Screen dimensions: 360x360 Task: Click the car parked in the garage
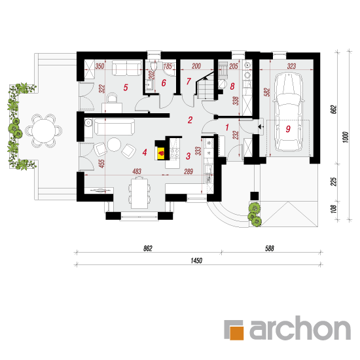(289, 112)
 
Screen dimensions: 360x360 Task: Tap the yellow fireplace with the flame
(161, 153)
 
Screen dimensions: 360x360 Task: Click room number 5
(126, 88)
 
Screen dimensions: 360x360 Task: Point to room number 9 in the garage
(288, 129)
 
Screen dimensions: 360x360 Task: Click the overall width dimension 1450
(196, 261)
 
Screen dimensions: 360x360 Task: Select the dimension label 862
(148, 249)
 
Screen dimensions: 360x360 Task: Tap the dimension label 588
(270, 249)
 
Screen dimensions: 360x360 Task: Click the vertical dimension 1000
(346, 137)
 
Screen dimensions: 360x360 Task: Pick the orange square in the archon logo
(236, 333)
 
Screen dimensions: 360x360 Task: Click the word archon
(300, 328)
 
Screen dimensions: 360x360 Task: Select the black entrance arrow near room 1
(261, 127)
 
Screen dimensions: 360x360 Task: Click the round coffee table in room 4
(115, 145)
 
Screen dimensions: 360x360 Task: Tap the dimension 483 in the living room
(137, 171)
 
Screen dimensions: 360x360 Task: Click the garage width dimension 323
(291, 66)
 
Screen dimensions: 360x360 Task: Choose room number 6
(164, 83)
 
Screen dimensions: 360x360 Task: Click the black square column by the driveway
(255, 196)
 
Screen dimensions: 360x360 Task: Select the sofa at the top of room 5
(127, 67)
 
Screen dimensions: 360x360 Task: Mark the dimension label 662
(334, 109)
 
